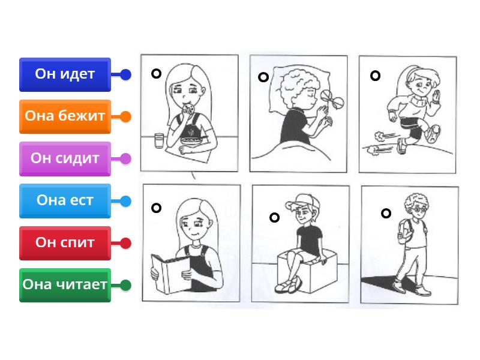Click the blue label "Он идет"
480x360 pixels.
65,74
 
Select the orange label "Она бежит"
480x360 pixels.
65,116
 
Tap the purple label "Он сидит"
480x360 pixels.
65,158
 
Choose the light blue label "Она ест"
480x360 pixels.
65,201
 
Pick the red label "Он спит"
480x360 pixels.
65,243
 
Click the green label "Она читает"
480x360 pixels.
65,285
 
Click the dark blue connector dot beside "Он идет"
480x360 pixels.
125,74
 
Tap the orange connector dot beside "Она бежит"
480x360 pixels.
125,116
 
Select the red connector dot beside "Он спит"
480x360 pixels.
125,243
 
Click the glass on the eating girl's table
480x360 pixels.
159,141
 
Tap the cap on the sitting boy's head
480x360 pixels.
302,201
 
